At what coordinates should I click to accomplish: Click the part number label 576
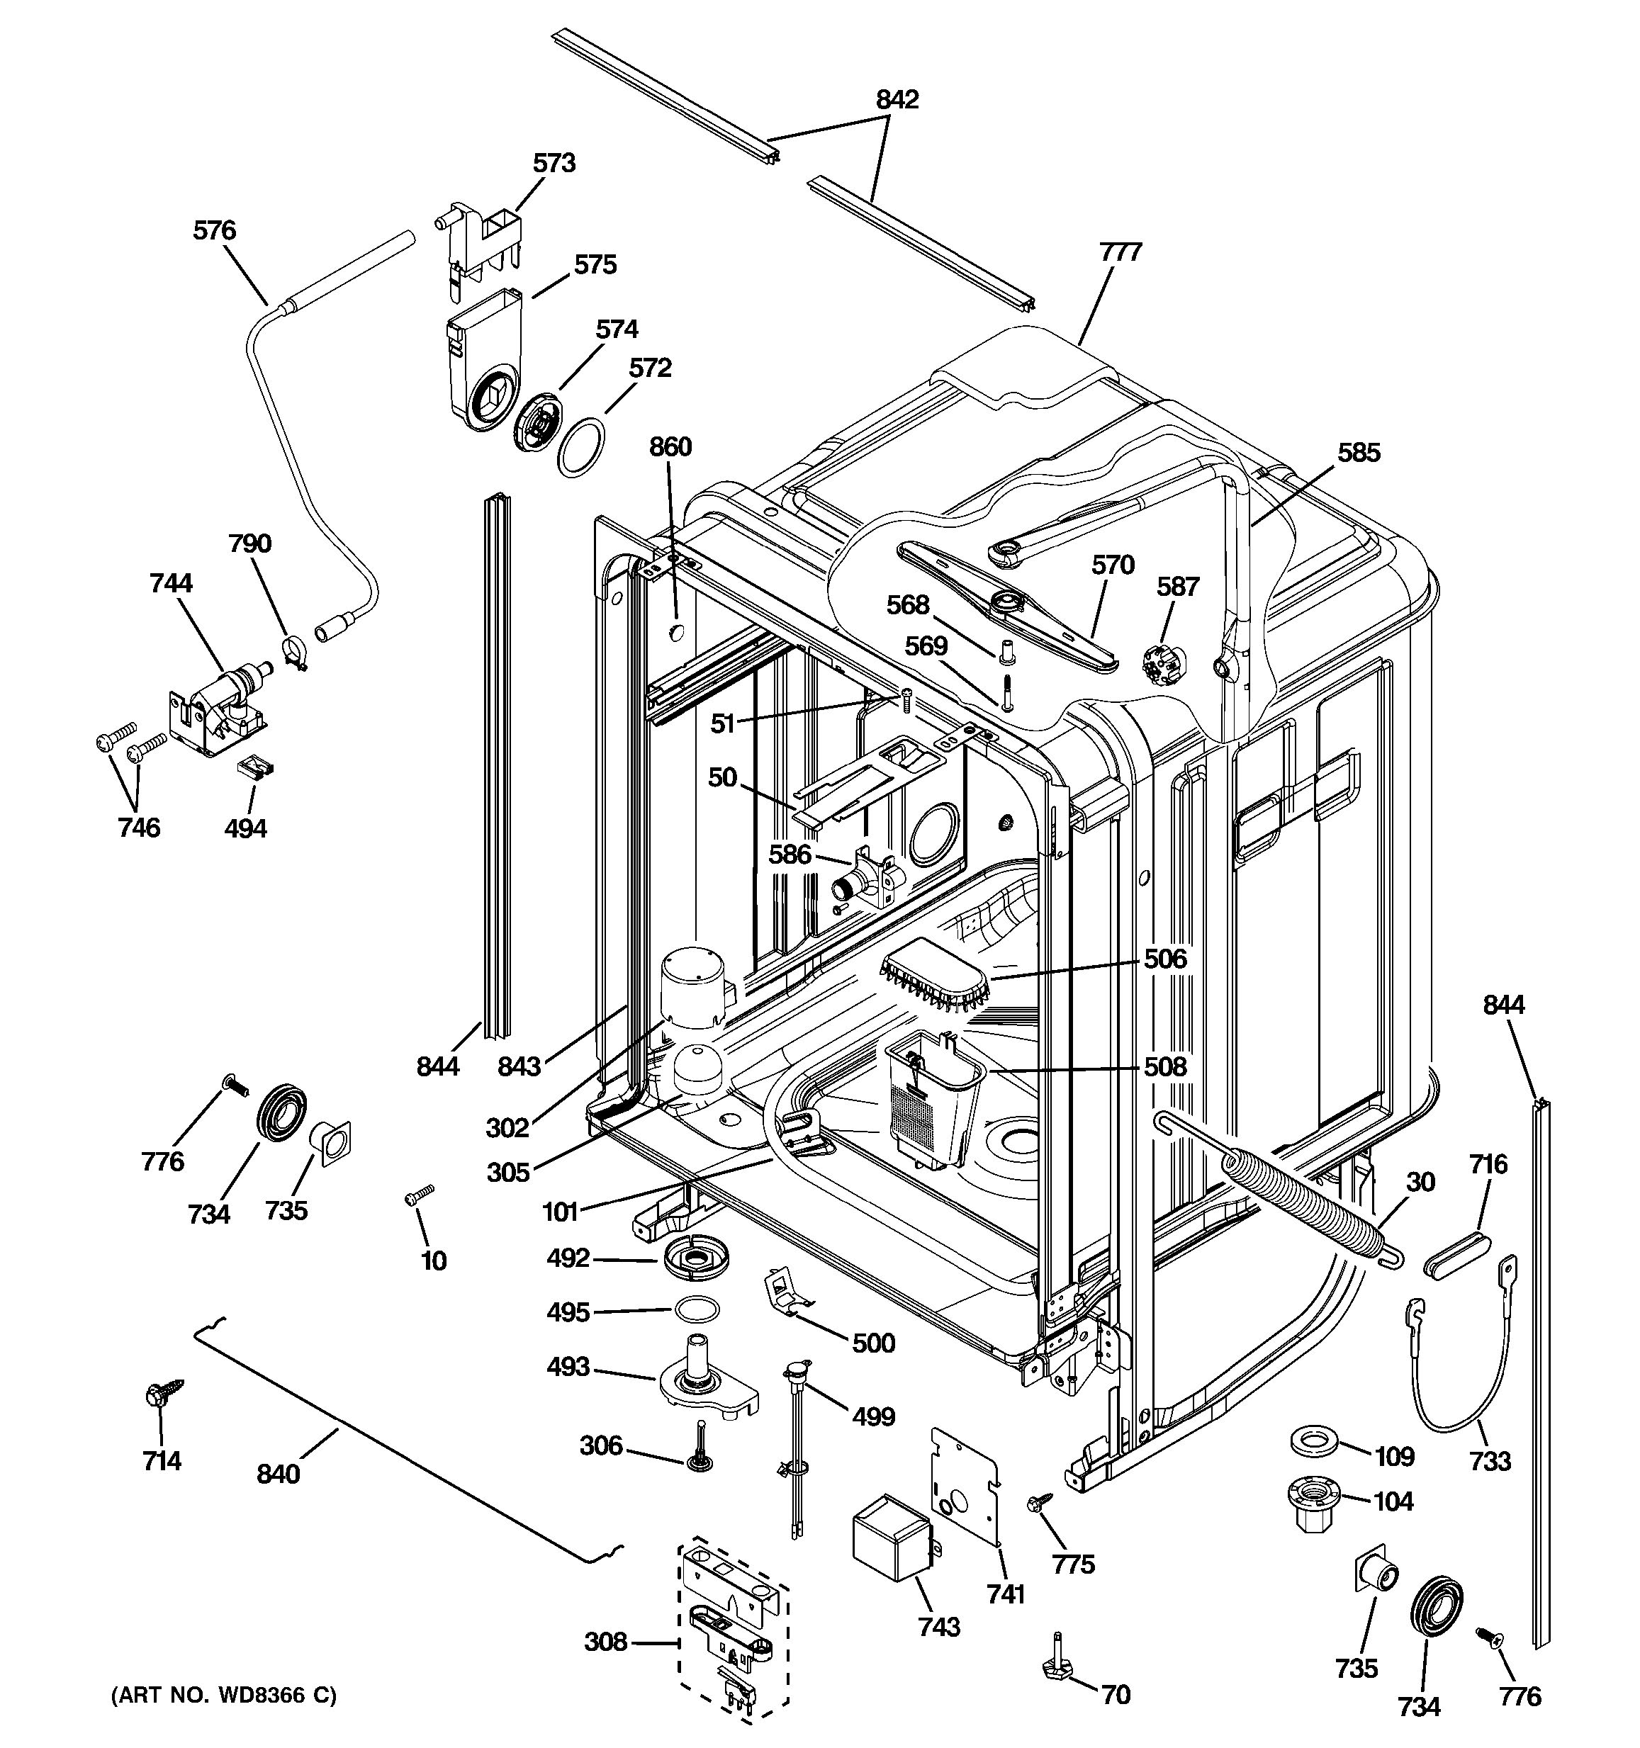tap(215, 231)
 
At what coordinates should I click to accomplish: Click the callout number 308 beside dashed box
tap(606, 1641)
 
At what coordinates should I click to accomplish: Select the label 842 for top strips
tap(897, 99)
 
